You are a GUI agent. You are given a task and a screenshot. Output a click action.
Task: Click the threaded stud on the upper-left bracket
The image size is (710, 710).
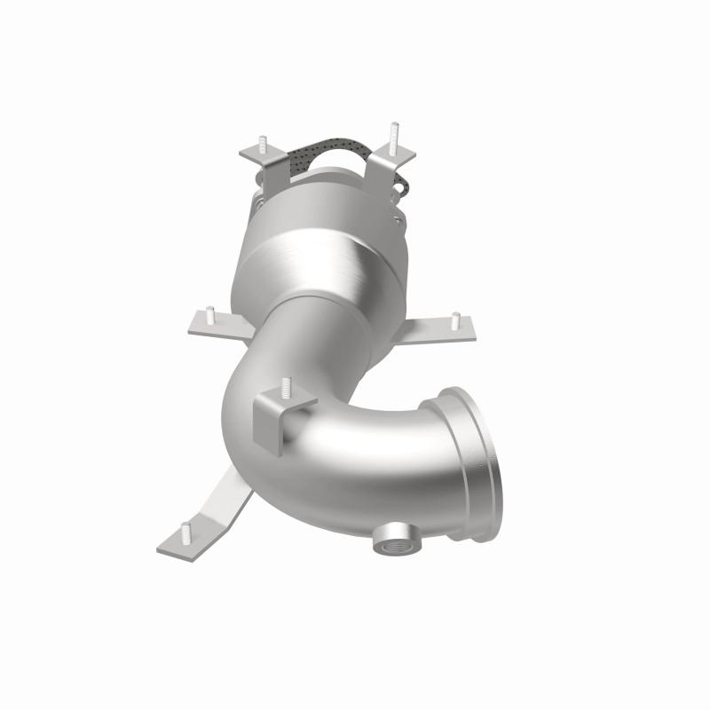click(264, 144)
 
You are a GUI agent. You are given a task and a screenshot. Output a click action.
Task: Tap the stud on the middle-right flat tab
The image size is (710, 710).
click(454, 319)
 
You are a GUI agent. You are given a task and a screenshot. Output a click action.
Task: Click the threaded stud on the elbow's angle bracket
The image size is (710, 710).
click(286, 388)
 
